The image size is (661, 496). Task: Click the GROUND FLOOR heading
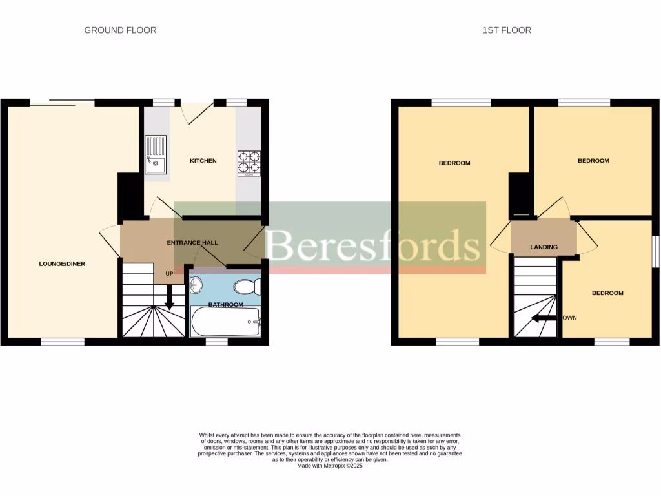point(120,30)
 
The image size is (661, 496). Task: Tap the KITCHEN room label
point(203,161)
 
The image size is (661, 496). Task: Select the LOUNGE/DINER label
point(62,263)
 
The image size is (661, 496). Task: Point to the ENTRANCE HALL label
point(192,243)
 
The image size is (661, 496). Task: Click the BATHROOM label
point(225,304)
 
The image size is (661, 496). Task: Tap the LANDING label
point(544,247)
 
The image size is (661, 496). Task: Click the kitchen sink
point(156,154)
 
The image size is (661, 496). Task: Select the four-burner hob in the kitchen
point(249,163)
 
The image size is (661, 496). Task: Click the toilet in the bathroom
point(247,286)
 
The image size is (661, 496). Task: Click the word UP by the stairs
point(170,274)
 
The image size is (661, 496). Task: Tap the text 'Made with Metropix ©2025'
point(330,466)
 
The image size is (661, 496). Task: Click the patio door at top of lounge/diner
point(62,102)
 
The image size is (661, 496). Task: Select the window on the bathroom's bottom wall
point(216,342)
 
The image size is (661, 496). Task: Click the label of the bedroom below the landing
point(607,293)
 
